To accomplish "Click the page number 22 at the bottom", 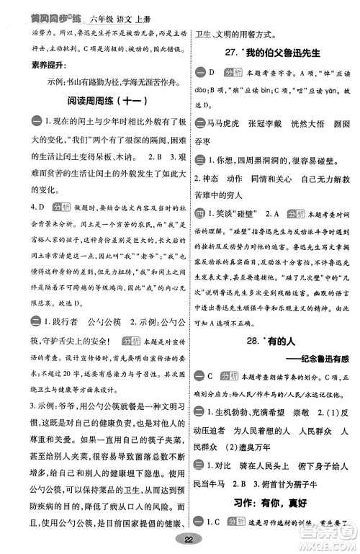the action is click(x=189, y=539).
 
